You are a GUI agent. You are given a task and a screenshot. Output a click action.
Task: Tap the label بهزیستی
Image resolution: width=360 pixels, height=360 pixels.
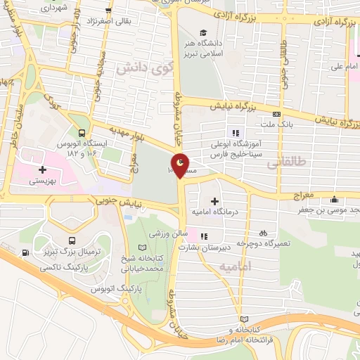[x=43, y=181]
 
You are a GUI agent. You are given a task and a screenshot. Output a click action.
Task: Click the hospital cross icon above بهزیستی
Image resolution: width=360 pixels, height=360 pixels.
[x=43, y=169]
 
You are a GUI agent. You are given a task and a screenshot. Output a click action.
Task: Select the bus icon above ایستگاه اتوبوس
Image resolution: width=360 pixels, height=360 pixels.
[x=82, y=132]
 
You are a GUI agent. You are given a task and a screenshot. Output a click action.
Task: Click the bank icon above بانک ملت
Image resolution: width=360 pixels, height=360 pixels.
[x=276, y=115]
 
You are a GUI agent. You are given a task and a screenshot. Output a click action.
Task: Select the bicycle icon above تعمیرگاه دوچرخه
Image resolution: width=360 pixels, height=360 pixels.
[x=263, y=232]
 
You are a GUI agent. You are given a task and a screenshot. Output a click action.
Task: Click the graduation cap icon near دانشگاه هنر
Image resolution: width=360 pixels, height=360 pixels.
[x=203, y=32]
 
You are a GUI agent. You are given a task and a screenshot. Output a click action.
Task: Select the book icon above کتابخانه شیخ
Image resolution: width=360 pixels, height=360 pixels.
[x=144, y=247]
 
